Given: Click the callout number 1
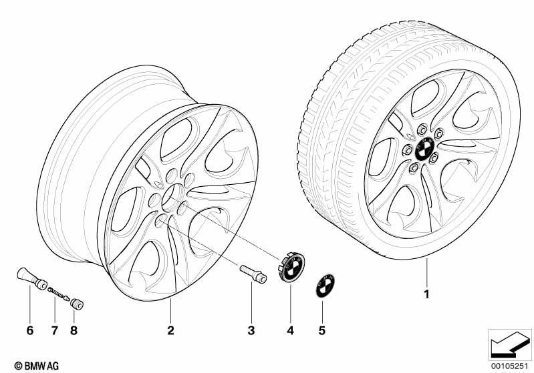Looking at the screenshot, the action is tap(426, 294).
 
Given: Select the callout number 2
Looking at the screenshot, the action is tap(170, 330).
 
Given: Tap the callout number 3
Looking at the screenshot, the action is tap(251, 330).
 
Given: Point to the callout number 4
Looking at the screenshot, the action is tap(290, 330).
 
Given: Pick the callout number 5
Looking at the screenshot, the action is tap(322, 330).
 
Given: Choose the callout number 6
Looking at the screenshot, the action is tap(30, 330).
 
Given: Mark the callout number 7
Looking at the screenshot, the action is tap(55, 330).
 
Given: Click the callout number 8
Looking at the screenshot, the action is tap(74, 330).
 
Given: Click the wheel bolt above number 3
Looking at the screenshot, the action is tap(253, 274).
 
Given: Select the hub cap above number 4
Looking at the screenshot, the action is tap(291, 267).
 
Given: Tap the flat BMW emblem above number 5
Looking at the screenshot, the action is tap(325, 286).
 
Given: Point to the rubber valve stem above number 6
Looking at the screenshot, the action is tap(31, 279).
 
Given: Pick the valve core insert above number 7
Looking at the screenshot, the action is tap(59, 294).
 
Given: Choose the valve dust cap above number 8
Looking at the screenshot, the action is tap(77, 304).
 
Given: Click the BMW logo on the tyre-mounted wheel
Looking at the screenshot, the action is tap(423, 149).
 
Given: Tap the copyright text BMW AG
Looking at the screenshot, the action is tap(37, 366).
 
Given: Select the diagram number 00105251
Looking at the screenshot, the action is tap(510, 366).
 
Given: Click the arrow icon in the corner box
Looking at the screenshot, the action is tap(510, 344).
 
